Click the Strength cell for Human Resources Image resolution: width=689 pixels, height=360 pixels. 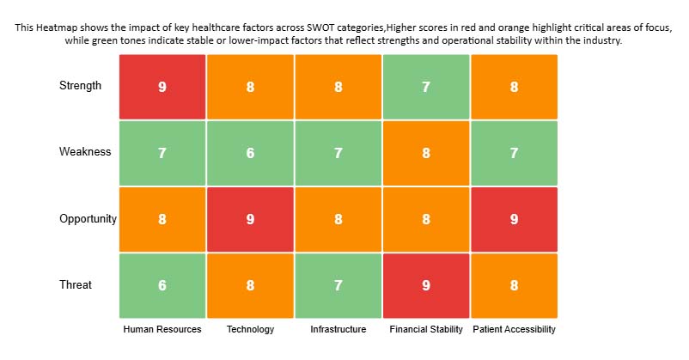162,87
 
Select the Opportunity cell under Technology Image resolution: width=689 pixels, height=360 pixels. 250,219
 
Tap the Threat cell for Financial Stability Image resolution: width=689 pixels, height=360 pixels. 426,285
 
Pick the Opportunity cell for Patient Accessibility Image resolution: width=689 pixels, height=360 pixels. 514,219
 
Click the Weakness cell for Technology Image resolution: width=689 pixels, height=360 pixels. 250,153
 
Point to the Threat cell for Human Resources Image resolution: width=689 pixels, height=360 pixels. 162,285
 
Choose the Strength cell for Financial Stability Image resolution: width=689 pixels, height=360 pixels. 426,87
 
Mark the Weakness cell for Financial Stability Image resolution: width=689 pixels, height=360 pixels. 426,153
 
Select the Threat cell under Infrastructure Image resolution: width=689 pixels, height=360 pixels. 338,285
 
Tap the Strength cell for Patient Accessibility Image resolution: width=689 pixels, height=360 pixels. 514,87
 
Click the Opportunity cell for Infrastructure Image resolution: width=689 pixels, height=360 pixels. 338,219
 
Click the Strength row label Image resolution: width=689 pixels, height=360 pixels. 80,86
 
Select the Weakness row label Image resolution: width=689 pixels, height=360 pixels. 85,152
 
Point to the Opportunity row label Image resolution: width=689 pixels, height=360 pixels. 88,219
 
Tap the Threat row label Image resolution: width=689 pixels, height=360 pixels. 76,285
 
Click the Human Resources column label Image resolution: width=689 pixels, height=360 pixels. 162,330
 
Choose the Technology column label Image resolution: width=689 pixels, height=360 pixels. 250,330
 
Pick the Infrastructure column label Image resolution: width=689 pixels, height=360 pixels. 338,330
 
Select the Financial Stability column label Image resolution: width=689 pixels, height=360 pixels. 426,330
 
